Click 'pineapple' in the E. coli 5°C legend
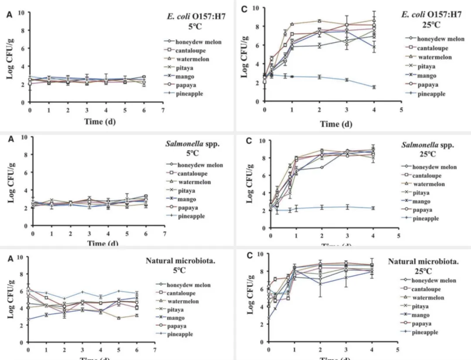point(189,94)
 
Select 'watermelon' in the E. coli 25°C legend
point(435,57)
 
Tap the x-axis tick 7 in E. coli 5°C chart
point(163,110)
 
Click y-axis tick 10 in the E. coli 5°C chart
point(21,13)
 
